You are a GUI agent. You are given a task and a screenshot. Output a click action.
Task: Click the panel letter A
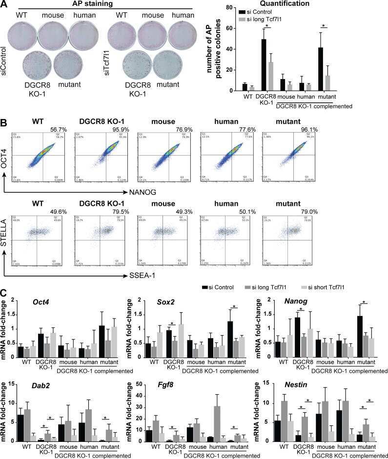pyautogui.click(x=4, y=4)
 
